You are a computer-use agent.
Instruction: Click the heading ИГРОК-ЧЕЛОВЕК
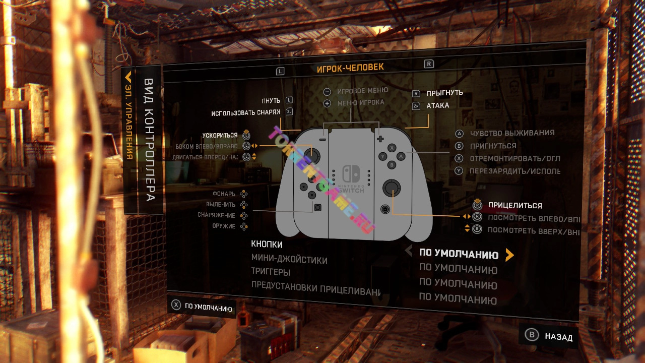[x=350, y=68]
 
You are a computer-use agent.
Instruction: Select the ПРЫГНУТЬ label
[x=444, y=93]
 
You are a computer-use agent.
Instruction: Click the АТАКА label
[x=437, y=105]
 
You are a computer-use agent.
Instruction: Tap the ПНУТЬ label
[x=271, y=101]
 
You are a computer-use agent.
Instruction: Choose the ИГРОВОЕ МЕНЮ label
[x=362, y=91]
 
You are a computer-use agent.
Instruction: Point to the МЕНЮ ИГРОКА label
[x=360, y=102]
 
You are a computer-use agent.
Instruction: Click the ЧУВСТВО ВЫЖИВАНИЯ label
[x=512, y=133]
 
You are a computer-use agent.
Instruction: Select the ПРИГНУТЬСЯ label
[x=493, y=146]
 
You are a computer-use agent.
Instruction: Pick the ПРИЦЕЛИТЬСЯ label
[x=514, y=206]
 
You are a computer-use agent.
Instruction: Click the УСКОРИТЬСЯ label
[x=220, y=135]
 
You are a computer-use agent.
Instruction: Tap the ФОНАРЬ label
[x=224, y=193]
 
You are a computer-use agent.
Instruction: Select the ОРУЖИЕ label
[x=224, y=226]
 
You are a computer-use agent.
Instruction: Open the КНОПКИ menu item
[x=267, y=245]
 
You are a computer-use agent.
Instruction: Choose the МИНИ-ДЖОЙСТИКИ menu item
[x=289, y=260]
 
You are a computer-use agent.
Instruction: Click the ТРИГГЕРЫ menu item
[x=271, y=272]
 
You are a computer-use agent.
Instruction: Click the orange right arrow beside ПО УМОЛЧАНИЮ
[x=509, y=255]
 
